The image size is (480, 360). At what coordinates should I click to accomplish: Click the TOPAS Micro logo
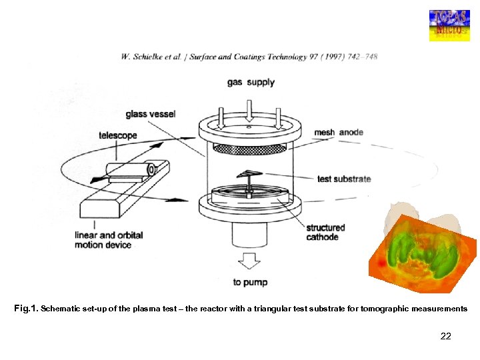(x=449, y=25)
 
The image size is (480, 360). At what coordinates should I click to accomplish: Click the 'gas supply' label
(x=250, y=83)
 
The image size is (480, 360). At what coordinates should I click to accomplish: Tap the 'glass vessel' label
(x=151, y=114)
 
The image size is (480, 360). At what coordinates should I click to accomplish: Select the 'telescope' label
(x=118, y=135)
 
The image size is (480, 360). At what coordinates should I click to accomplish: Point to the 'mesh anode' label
(x=339, y=133)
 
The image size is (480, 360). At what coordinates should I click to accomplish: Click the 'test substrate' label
(x=344, y=179)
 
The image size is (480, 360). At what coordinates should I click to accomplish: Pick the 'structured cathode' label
(x=325, y=232)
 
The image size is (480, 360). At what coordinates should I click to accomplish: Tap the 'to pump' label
(x=250, y=282)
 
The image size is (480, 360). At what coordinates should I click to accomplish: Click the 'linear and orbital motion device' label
(x=109, y=240)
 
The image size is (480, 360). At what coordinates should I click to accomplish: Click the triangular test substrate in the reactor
(x=247, y=174)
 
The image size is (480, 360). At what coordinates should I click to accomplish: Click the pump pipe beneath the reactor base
(x=250, y=234)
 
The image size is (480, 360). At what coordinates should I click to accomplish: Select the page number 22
(x=445, y=336)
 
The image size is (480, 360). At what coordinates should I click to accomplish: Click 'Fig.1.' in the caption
(x=26, y=309)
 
